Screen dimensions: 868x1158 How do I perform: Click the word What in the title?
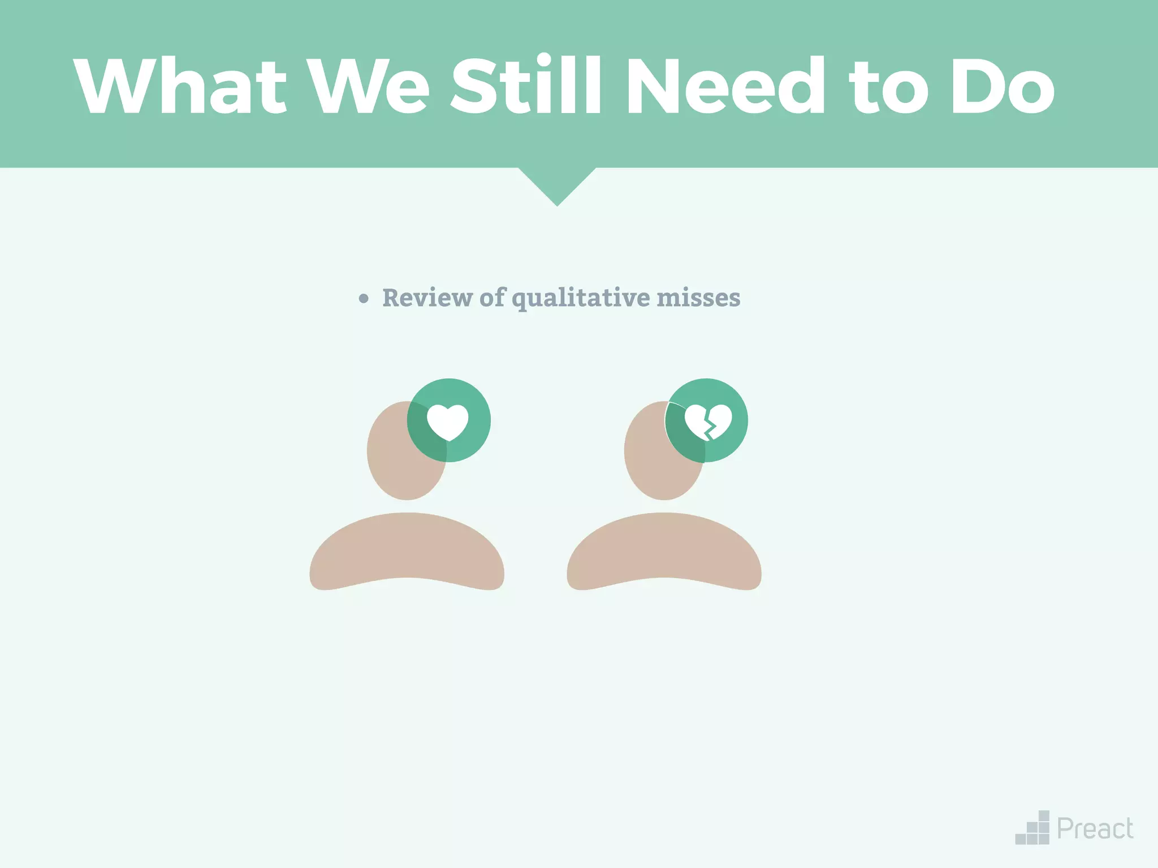tap(180, 86)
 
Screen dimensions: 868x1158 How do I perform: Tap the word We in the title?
tap(370, 86)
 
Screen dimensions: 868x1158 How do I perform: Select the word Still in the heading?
tap(525, 86)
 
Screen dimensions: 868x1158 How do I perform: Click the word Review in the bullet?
tap(427, 298)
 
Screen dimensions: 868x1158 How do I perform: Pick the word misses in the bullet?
tap(698, 298)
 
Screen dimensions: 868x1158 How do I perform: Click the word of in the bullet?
tap(492, 298)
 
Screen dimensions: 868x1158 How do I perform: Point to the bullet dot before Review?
tap(364, 299)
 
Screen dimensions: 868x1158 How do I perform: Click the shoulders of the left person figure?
tap(407, 551)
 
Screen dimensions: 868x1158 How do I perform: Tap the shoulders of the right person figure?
tap(664, 551)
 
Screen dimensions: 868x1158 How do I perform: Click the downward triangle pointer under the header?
tap(557, 184)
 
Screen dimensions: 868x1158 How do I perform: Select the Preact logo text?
tap(1095, 830)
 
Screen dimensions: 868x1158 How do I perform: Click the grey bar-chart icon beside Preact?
tap(1033, 830)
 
